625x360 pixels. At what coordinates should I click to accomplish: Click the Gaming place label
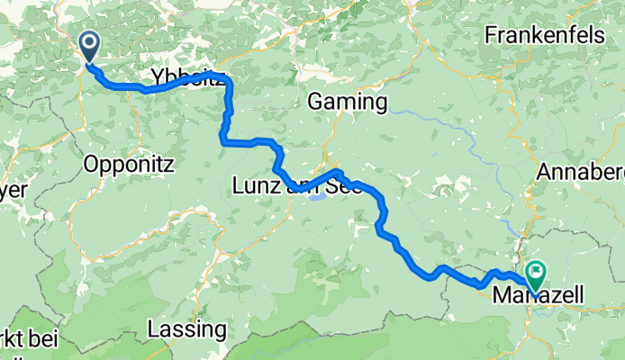(x=348, y=102)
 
